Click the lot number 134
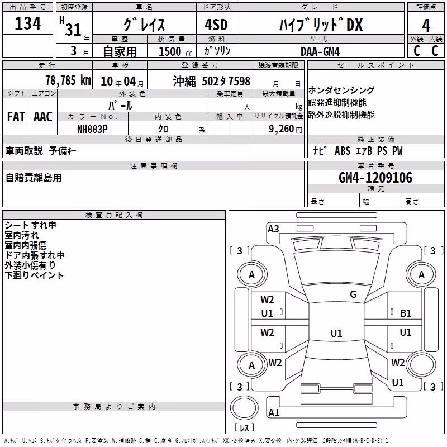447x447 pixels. point(27,23)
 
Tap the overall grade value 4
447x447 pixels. point(426,26)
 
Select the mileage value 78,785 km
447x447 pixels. point(68,80)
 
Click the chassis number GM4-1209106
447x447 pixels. point(375,178)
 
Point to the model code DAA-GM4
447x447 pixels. point(320,51)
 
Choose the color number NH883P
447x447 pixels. point(92,129)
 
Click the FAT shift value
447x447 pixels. point(16,117)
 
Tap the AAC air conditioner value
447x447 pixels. point(43,117)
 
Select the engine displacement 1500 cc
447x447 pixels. point(175,51)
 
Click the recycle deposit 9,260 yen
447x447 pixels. point(286,129)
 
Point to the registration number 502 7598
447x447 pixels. point(226,81)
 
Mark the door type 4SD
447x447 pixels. point(216,25)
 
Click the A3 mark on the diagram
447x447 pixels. point(273,229)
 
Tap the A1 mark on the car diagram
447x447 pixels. point(274,412)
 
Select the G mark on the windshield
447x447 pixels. point(353,294)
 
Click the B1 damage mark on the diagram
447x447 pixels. point(406,313)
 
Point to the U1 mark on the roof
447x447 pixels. point(336,333)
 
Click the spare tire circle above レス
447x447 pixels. point(244,408)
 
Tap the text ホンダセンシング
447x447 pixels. point(341,90)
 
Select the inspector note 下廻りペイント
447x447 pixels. point(34,275)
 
